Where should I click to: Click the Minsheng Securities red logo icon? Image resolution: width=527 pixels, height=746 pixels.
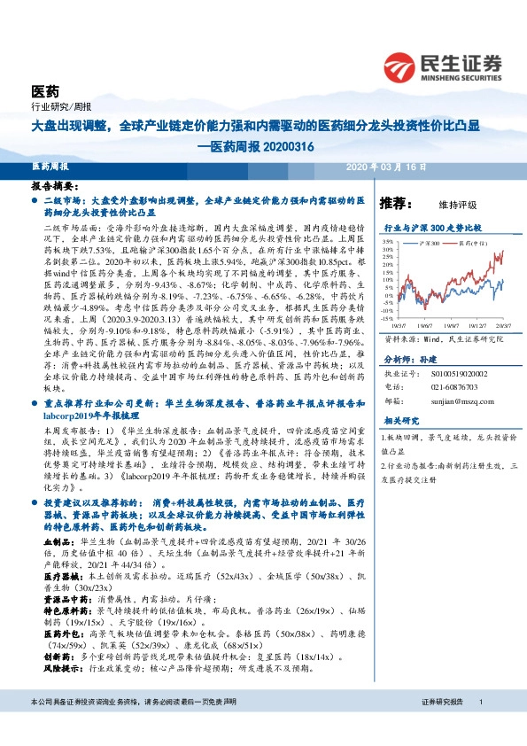(x=400, y=64)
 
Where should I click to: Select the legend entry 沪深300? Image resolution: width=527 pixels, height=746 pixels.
(x=431, y=241)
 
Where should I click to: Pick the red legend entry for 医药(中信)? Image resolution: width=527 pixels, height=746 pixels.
(x=471, y=241)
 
